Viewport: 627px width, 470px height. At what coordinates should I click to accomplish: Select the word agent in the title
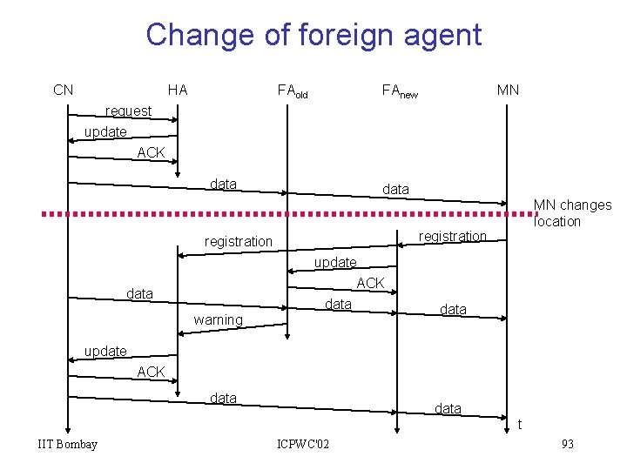(439, 35)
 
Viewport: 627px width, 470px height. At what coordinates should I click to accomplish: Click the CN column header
(63, 90)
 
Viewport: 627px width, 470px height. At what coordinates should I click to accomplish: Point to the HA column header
(178, 90)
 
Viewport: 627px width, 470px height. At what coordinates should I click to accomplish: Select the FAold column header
(293, 91)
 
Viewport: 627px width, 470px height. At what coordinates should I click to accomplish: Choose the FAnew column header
(400, 91)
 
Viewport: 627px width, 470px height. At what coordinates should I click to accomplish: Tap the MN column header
(508, 90)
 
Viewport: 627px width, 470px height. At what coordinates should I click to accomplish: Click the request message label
(128, 111)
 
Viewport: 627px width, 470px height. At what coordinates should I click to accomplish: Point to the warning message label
(218, 320)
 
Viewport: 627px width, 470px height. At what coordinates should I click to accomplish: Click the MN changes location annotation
(571, 213)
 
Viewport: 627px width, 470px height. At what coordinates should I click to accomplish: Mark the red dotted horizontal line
(261, 212)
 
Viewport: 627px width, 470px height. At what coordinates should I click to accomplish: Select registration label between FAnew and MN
(452, 236)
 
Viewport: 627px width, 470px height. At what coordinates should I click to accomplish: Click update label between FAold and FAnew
(334, 262)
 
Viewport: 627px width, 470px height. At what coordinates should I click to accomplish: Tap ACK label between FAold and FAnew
(370, 283)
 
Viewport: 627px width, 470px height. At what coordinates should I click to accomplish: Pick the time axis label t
(520, 425)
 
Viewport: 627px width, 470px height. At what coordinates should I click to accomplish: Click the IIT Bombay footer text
(68, 445)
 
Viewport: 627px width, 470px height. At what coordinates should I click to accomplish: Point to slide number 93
(568, 445)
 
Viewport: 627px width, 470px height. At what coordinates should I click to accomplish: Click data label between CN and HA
(139, 294)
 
